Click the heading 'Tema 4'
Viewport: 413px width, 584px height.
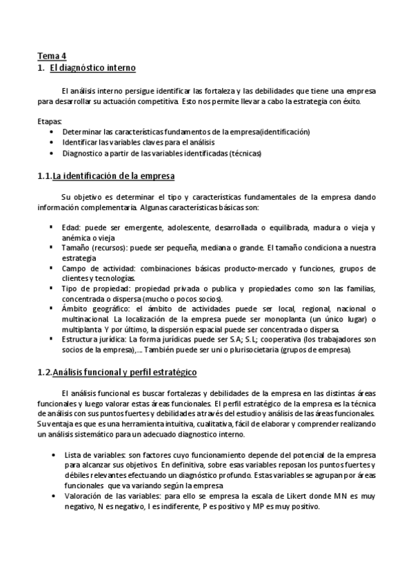click(x=51, y=56)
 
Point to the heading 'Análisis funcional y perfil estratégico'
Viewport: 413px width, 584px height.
click(x=125, y=373)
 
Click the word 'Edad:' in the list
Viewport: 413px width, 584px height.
click(x=72, y=228)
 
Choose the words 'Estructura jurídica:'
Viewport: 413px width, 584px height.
click(x=96, y=340)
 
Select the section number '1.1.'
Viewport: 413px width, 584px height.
click(x=45, y=176)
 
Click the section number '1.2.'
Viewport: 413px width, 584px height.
click(x=45, y=373)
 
